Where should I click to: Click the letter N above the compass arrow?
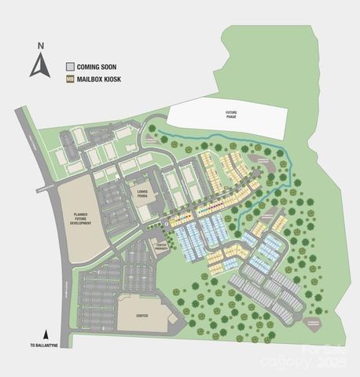pos(38,46)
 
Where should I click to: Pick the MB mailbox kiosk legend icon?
pos(70,80)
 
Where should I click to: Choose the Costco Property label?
pos(162,246)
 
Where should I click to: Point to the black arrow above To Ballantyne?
pos(46,333)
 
